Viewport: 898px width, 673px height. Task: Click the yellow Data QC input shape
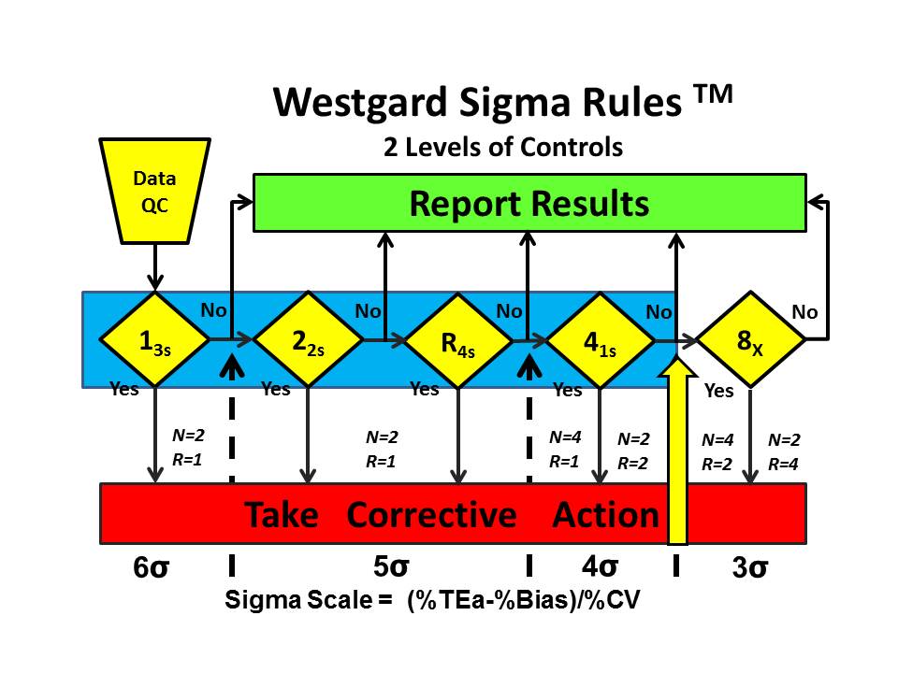click(153, 190)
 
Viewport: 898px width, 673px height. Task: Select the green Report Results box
click(529, 203)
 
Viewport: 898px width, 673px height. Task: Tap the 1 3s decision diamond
click(153, 339)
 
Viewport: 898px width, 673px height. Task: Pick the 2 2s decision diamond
click(306, 339)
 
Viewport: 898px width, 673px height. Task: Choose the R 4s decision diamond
click(458, 339)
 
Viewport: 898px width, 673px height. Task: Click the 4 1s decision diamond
click(600, 339)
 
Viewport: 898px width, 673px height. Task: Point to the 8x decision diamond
click(750, 339)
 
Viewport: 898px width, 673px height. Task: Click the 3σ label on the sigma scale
click(750, 568)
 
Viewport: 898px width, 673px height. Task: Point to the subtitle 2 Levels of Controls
click(503, 147)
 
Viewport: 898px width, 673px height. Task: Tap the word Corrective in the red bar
click(431, 515)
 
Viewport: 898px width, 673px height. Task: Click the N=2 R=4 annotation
click(784, 451)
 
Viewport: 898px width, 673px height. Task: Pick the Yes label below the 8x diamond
click(718, 392)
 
